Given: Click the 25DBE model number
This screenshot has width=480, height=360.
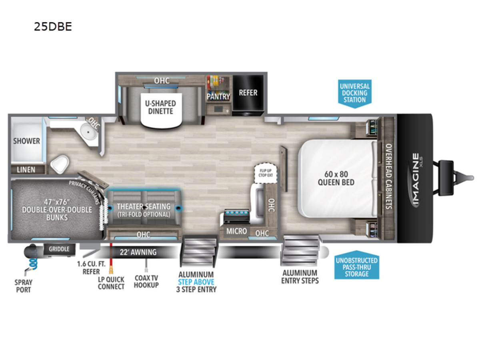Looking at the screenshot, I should tap(53, 27).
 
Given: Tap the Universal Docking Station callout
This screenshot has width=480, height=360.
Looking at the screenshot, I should tap(355, 92).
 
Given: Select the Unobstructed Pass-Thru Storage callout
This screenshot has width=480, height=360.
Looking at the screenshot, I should tap(356, 267).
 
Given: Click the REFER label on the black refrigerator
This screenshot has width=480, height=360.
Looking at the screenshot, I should tap(248, 92).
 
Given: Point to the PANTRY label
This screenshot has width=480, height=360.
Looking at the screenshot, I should tap(218, 96).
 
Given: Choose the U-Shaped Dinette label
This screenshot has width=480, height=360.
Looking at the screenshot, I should tap(160, 107).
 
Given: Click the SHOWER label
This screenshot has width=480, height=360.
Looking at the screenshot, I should tap(26, 141).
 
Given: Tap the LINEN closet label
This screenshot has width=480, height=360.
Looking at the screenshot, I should tap(26, 170).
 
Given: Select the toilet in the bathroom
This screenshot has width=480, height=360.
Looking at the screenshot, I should tap(60, 164).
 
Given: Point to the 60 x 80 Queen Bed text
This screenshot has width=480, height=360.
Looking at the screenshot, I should tap(336, 178).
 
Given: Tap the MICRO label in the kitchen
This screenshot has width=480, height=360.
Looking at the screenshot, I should tap(236, 231).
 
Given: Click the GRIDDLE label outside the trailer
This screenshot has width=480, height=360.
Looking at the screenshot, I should tap(59, 249).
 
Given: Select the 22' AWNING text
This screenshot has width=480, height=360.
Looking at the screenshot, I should tap(138, 252).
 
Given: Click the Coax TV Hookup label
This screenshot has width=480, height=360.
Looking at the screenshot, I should tap(146, 281).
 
